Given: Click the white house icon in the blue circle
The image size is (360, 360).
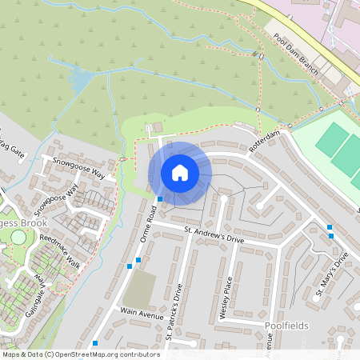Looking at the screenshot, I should (180, 173).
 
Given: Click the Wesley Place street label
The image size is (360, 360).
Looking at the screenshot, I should (227, 298).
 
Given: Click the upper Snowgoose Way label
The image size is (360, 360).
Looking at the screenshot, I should (79, 167).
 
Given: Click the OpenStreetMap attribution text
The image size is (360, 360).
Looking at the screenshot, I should (81, 354).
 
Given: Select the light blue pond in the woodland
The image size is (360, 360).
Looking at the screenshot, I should (80, 81).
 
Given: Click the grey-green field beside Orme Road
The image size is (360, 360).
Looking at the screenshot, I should (139, 289).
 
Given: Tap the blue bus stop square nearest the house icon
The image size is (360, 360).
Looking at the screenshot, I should (160, 198).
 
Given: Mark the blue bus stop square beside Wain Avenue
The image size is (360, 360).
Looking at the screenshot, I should (95, 343).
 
